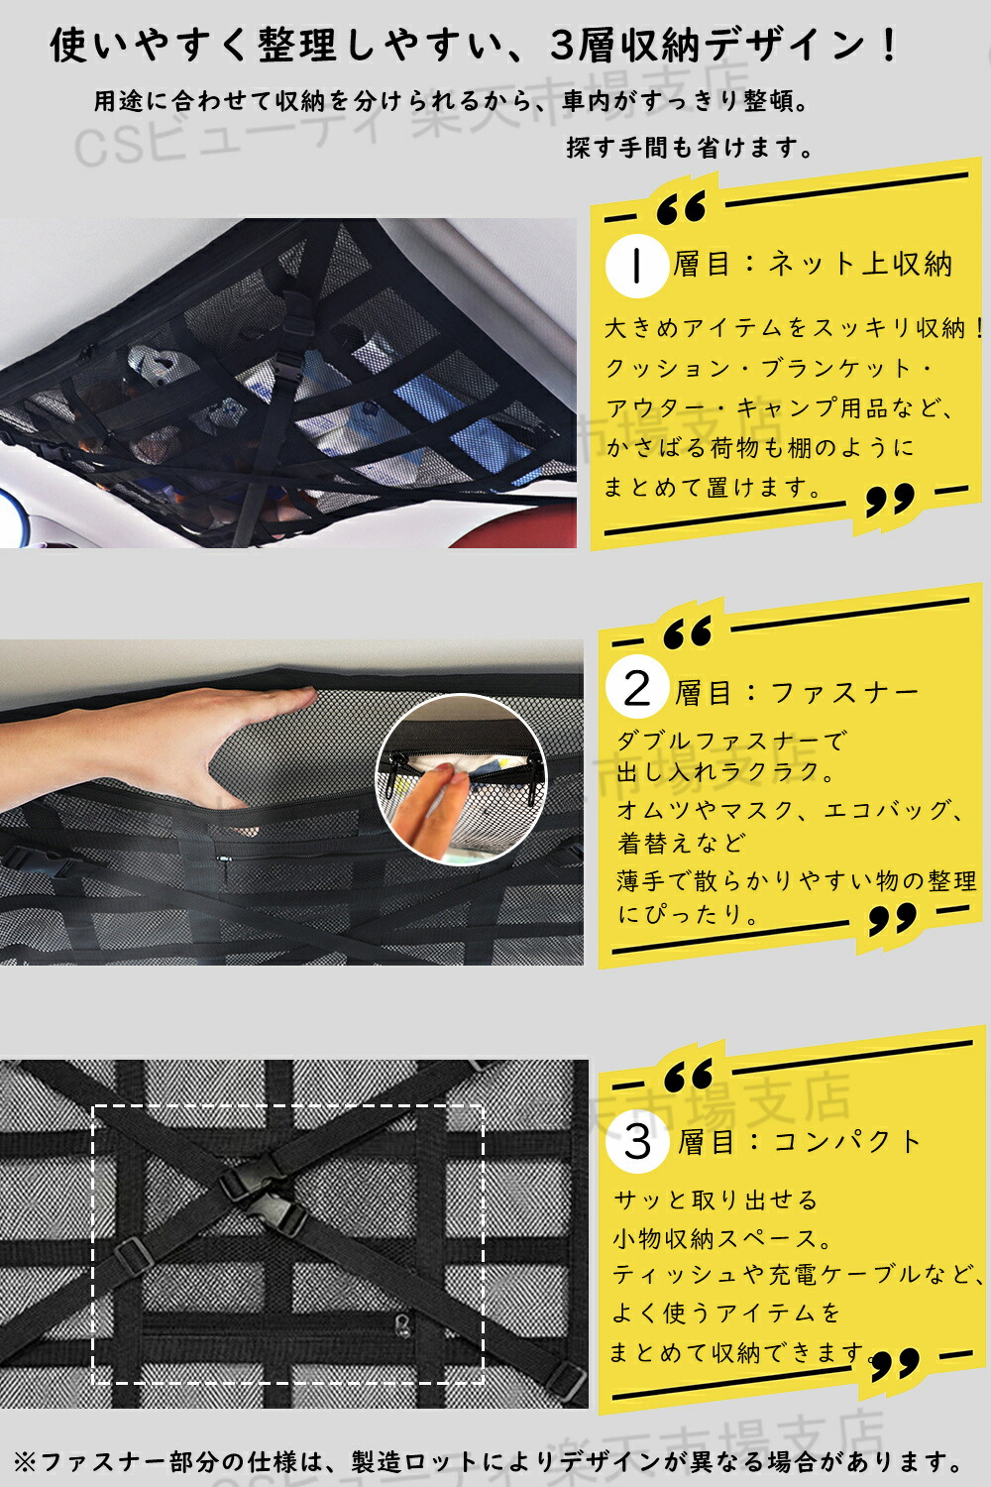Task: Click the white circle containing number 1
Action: pos(636,266)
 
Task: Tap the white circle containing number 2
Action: pos(636,688)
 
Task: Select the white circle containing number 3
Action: pos(638,1141)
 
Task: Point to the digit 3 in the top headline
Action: pos(562,47)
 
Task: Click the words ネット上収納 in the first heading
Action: pos(860,265)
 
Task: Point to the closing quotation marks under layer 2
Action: pos(893,918)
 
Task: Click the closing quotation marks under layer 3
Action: pos(896,1364)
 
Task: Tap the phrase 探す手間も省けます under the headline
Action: pos(682,148)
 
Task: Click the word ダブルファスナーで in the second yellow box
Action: pos(731,741)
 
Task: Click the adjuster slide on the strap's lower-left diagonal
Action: pos(135,1255)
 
